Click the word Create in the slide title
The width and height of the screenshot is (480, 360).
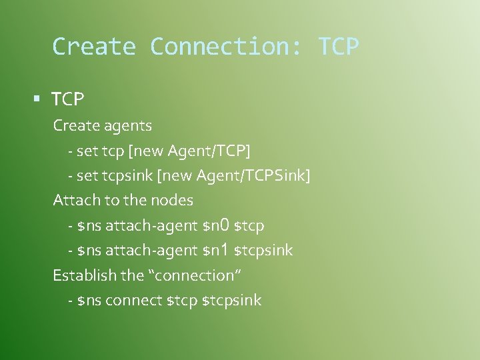click(x=93, y=47)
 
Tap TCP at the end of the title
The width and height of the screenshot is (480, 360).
click(x=339, y=47)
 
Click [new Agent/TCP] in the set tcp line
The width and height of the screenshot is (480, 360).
click(x=189, y=151)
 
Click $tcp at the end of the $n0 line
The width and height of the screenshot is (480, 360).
click(x=249, y=225)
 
